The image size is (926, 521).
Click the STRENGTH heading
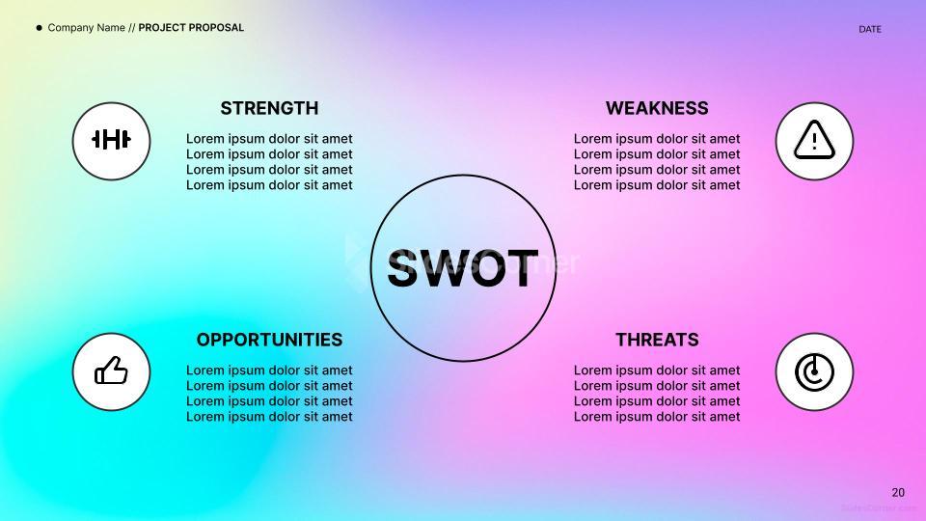(269, 108)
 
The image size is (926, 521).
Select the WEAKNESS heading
(657, 108)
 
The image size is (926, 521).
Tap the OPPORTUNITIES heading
(269, 340)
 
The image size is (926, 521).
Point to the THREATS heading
(657, 340)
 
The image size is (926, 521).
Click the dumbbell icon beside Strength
(111, 141)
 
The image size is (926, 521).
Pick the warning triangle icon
(814, 141)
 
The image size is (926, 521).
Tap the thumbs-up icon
(111, 371)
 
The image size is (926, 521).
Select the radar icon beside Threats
(814, 371)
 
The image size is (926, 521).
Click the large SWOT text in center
(463, 268)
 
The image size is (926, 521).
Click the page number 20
(898, 492)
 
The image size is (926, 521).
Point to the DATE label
(870, 29)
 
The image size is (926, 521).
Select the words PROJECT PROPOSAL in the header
(191, 28)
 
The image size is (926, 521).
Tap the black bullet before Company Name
(40, 28)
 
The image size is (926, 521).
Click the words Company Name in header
(86, 28)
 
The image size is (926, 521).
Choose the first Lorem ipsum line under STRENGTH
(269, 139)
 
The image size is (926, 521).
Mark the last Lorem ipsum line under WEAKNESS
(657, 185)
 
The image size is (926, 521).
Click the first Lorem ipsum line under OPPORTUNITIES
(269, 370)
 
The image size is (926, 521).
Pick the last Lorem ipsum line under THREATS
(657, 417)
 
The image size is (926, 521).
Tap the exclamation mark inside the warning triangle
(814, 143)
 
